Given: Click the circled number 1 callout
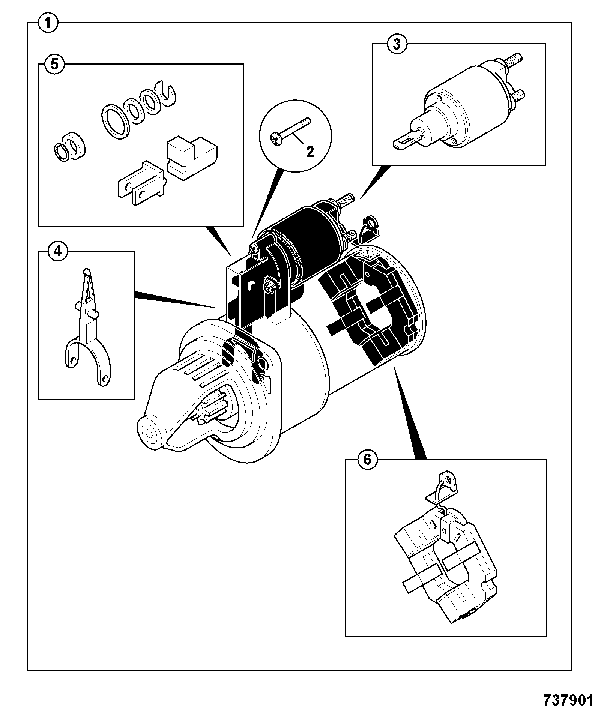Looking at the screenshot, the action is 48,23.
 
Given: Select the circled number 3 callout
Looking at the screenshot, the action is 397,44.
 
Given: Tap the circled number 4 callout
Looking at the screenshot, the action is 57,251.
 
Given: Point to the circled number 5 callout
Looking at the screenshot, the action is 54,64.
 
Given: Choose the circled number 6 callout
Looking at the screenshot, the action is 367,459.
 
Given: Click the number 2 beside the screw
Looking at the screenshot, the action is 310,152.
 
